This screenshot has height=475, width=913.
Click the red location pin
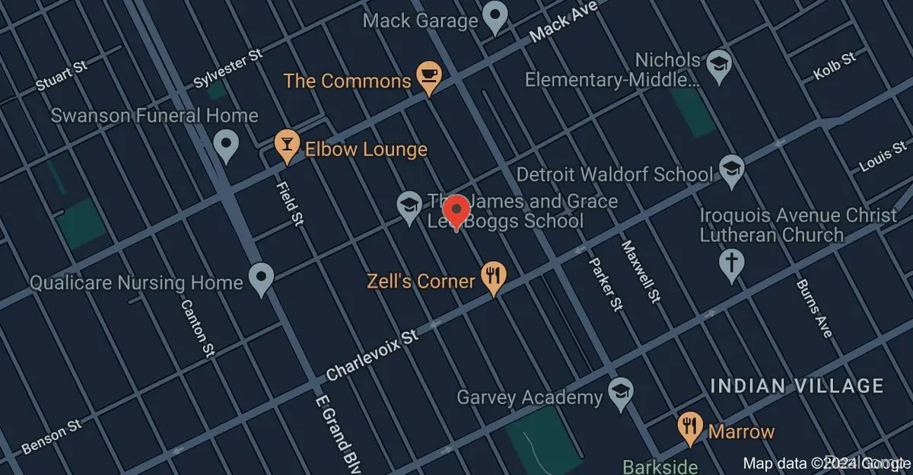point(456,211)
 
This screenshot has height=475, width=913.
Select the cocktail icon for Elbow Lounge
point(287,145)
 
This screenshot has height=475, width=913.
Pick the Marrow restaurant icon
point(690,428)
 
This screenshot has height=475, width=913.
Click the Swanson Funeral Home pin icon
point(224,145)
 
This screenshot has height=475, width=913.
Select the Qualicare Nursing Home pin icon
point(262,279)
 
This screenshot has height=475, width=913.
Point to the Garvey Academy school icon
point(621,394)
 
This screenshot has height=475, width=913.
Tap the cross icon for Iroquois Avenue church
point(731,265)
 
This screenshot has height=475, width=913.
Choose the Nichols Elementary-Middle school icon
point(717,65)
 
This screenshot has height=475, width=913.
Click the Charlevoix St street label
point(372,355)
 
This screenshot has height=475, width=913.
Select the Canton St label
point(196,327)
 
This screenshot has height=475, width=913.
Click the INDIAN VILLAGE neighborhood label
point(796,386)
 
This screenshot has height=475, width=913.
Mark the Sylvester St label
point(227,69)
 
